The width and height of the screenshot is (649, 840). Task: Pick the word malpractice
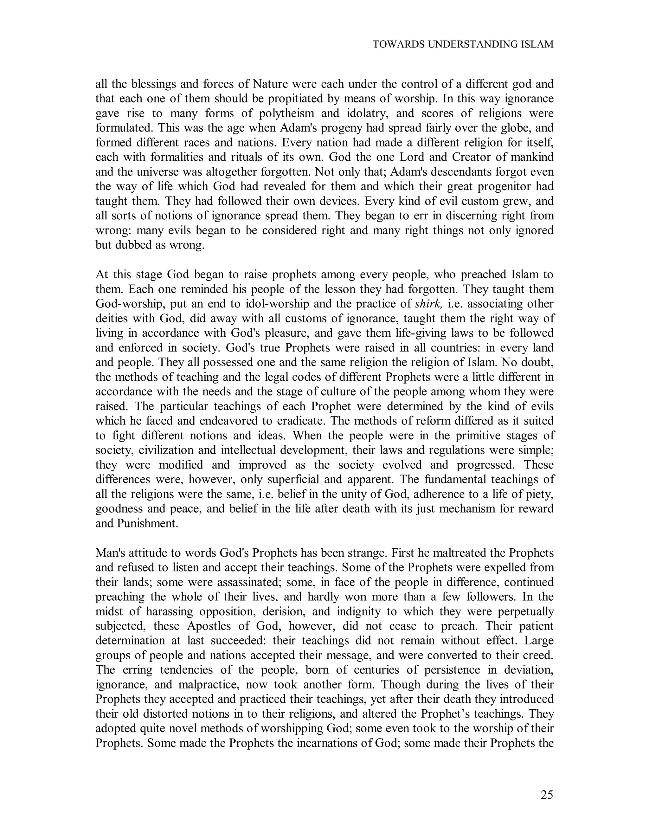[207, 685]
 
